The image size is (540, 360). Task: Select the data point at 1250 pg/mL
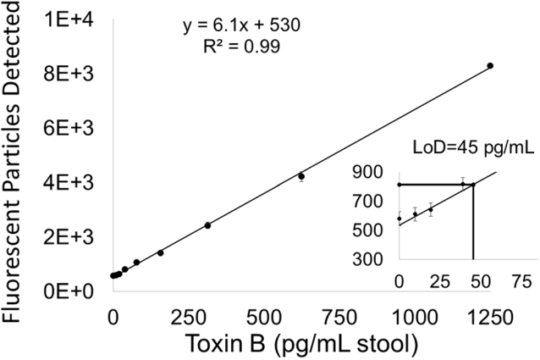pos(490,65)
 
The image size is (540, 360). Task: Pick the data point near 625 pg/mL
pos(301,176)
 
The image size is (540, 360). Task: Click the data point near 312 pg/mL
pos(207,225)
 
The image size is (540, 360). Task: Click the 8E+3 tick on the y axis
pos(73,74)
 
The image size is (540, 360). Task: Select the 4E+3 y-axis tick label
pos(73,182)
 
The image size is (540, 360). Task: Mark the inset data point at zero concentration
pos(399,219)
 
